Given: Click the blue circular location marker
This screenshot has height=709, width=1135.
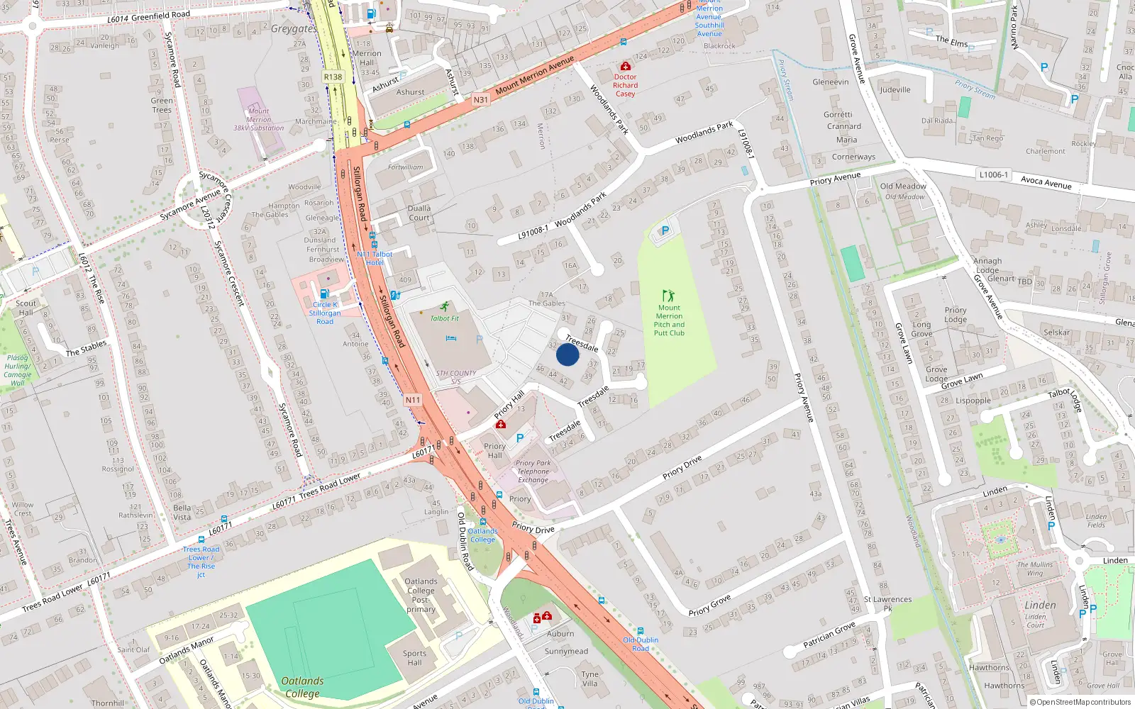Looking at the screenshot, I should [567, 354].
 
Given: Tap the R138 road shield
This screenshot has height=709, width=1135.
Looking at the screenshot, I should [333, 77].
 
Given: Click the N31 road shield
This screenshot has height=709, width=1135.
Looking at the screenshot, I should [481, 100].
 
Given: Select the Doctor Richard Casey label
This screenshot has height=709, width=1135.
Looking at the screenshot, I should [625, 85].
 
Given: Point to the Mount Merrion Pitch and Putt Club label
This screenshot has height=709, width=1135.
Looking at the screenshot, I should [669, 320].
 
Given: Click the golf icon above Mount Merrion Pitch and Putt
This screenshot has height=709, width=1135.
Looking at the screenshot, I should [668, 295].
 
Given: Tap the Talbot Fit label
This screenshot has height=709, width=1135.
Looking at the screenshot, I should [445, 318].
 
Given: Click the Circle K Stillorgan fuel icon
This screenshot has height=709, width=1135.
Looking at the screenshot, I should [324, 294].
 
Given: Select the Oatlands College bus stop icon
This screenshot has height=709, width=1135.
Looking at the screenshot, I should [483, 522].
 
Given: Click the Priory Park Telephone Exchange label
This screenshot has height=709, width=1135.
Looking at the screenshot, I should [533, 471].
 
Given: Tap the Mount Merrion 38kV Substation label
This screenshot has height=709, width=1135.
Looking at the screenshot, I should [258, 120].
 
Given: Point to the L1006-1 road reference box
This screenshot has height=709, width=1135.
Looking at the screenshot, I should [993, 174].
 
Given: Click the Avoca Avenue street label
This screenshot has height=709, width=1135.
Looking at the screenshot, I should [1046, 182].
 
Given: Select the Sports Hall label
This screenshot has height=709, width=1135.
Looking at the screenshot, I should [414, 658].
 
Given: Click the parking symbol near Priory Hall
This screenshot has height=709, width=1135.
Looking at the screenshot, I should [520, 438].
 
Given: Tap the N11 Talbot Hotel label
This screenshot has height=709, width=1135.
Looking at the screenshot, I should [375, 258].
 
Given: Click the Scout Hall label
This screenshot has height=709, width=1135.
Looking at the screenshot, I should [26, 308].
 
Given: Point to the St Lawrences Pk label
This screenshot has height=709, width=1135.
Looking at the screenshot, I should [887, 603].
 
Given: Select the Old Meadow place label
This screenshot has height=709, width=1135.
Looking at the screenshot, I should [903, 186].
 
